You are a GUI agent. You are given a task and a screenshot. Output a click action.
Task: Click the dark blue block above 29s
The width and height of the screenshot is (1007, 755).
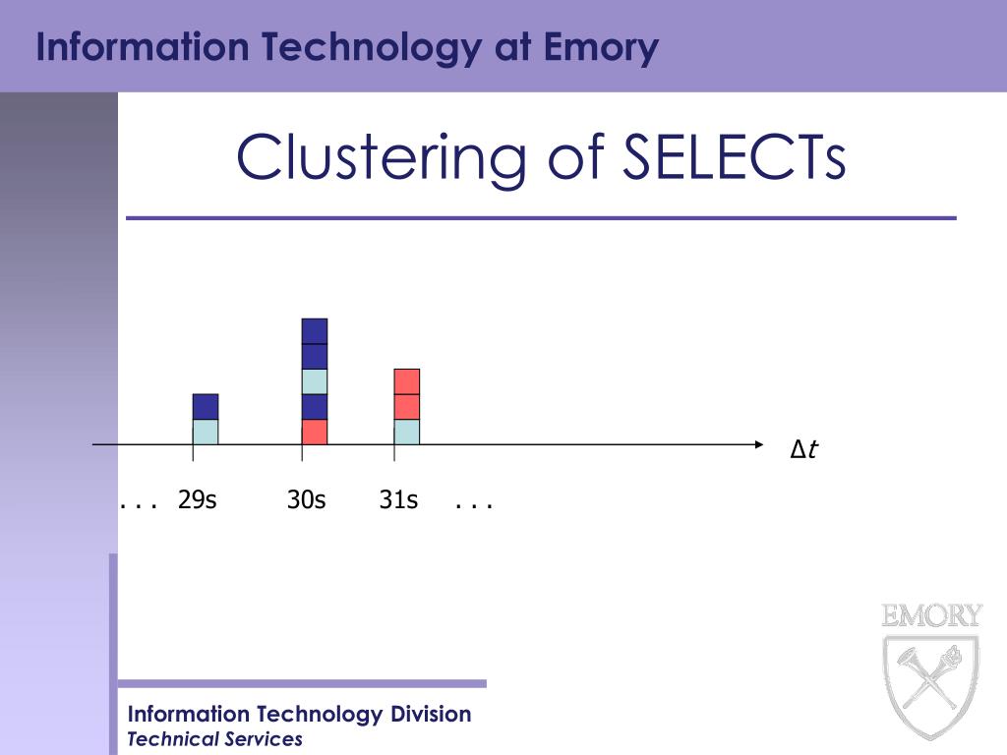tap(206, 407)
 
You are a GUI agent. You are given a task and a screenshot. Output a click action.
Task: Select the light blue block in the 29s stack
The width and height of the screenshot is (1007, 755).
tap(206, 433)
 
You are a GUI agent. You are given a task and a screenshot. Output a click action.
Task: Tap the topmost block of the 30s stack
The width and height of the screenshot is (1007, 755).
tap(315, 331)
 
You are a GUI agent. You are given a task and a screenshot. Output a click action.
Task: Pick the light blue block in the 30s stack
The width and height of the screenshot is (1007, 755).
tap(315, 381)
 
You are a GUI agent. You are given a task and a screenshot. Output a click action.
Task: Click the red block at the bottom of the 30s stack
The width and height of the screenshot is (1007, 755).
tap(315, 433)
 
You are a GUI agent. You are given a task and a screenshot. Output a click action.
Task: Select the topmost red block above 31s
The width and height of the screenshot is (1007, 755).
tap(407, 381)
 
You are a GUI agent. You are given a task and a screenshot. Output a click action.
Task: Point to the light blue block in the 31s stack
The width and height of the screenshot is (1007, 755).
tap(407, 433)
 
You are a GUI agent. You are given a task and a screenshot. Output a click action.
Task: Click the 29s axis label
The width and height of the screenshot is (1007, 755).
tap(198, 500)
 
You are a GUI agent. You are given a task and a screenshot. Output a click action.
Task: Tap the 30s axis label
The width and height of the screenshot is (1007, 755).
tap(307, 500)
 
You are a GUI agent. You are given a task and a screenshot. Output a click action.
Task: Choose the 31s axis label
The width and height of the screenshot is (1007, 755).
tap(399, 500)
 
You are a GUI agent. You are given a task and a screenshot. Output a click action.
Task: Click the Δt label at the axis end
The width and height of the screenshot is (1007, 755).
tap(804, 450)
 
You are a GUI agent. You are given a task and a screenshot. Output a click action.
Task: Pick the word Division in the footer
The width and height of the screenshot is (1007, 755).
tap(431, 714)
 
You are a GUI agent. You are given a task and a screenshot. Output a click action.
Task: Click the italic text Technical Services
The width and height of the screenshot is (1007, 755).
tap(215, 739)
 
